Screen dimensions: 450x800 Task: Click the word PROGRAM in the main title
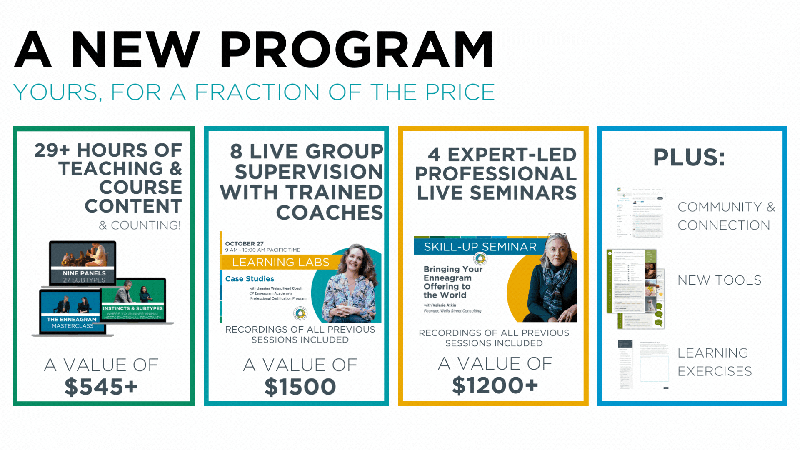tap(357, 50)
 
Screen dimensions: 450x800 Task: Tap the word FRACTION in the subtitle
tap(257, 92)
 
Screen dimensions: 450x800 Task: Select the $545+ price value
tap(101, 387)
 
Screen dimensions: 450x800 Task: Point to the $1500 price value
tap(300, 387)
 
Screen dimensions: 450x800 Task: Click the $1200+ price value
tap(495, 385)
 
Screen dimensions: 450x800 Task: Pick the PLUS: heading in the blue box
tap(689, 157)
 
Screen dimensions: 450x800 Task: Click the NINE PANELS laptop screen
tap(82, 262)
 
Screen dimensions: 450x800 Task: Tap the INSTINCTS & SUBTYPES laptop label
tap(132, 308)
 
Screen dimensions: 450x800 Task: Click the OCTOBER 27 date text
tap(244, 244)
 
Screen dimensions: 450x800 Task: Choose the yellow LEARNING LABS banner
tap(280, 262)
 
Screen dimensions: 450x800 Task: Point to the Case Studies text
tap(250, 279)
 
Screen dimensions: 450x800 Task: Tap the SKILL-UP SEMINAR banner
tap(480, 247)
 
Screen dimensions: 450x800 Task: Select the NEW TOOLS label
tap(719, 280)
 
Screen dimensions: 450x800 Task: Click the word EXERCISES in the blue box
tap(715, 371)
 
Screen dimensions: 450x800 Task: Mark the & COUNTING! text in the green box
tap(140, 225)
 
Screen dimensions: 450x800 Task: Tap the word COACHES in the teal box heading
tap(329, 212)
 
